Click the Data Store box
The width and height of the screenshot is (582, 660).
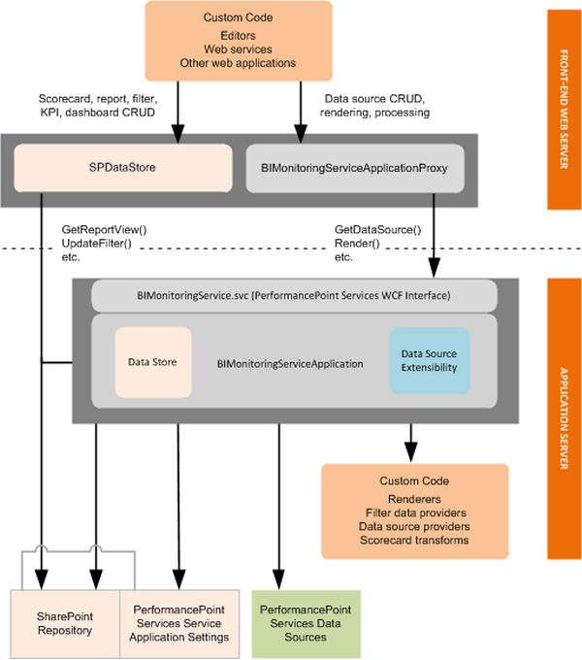pyautogui.click(x=152, y=362)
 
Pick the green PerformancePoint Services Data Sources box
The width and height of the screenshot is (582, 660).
pyautogui.click(x=306, y=622)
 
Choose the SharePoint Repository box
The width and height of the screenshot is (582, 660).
pyautogui.click(x=65, y=622)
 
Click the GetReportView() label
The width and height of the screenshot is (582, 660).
pyautogui.click(x=103, y=230)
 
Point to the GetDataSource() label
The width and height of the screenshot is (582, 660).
pyautogui.click(x=376, y=230)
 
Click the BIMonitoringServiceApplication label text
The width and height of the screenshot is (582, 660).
pyautogui.click(x=290, y=365)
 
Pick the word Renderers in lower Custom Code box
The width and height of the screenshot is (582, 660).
pyautogui.click(x=414, y=496)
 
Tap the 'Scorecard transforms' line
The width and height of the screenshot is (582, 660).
pyautogui.click(x=414, y=540)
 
